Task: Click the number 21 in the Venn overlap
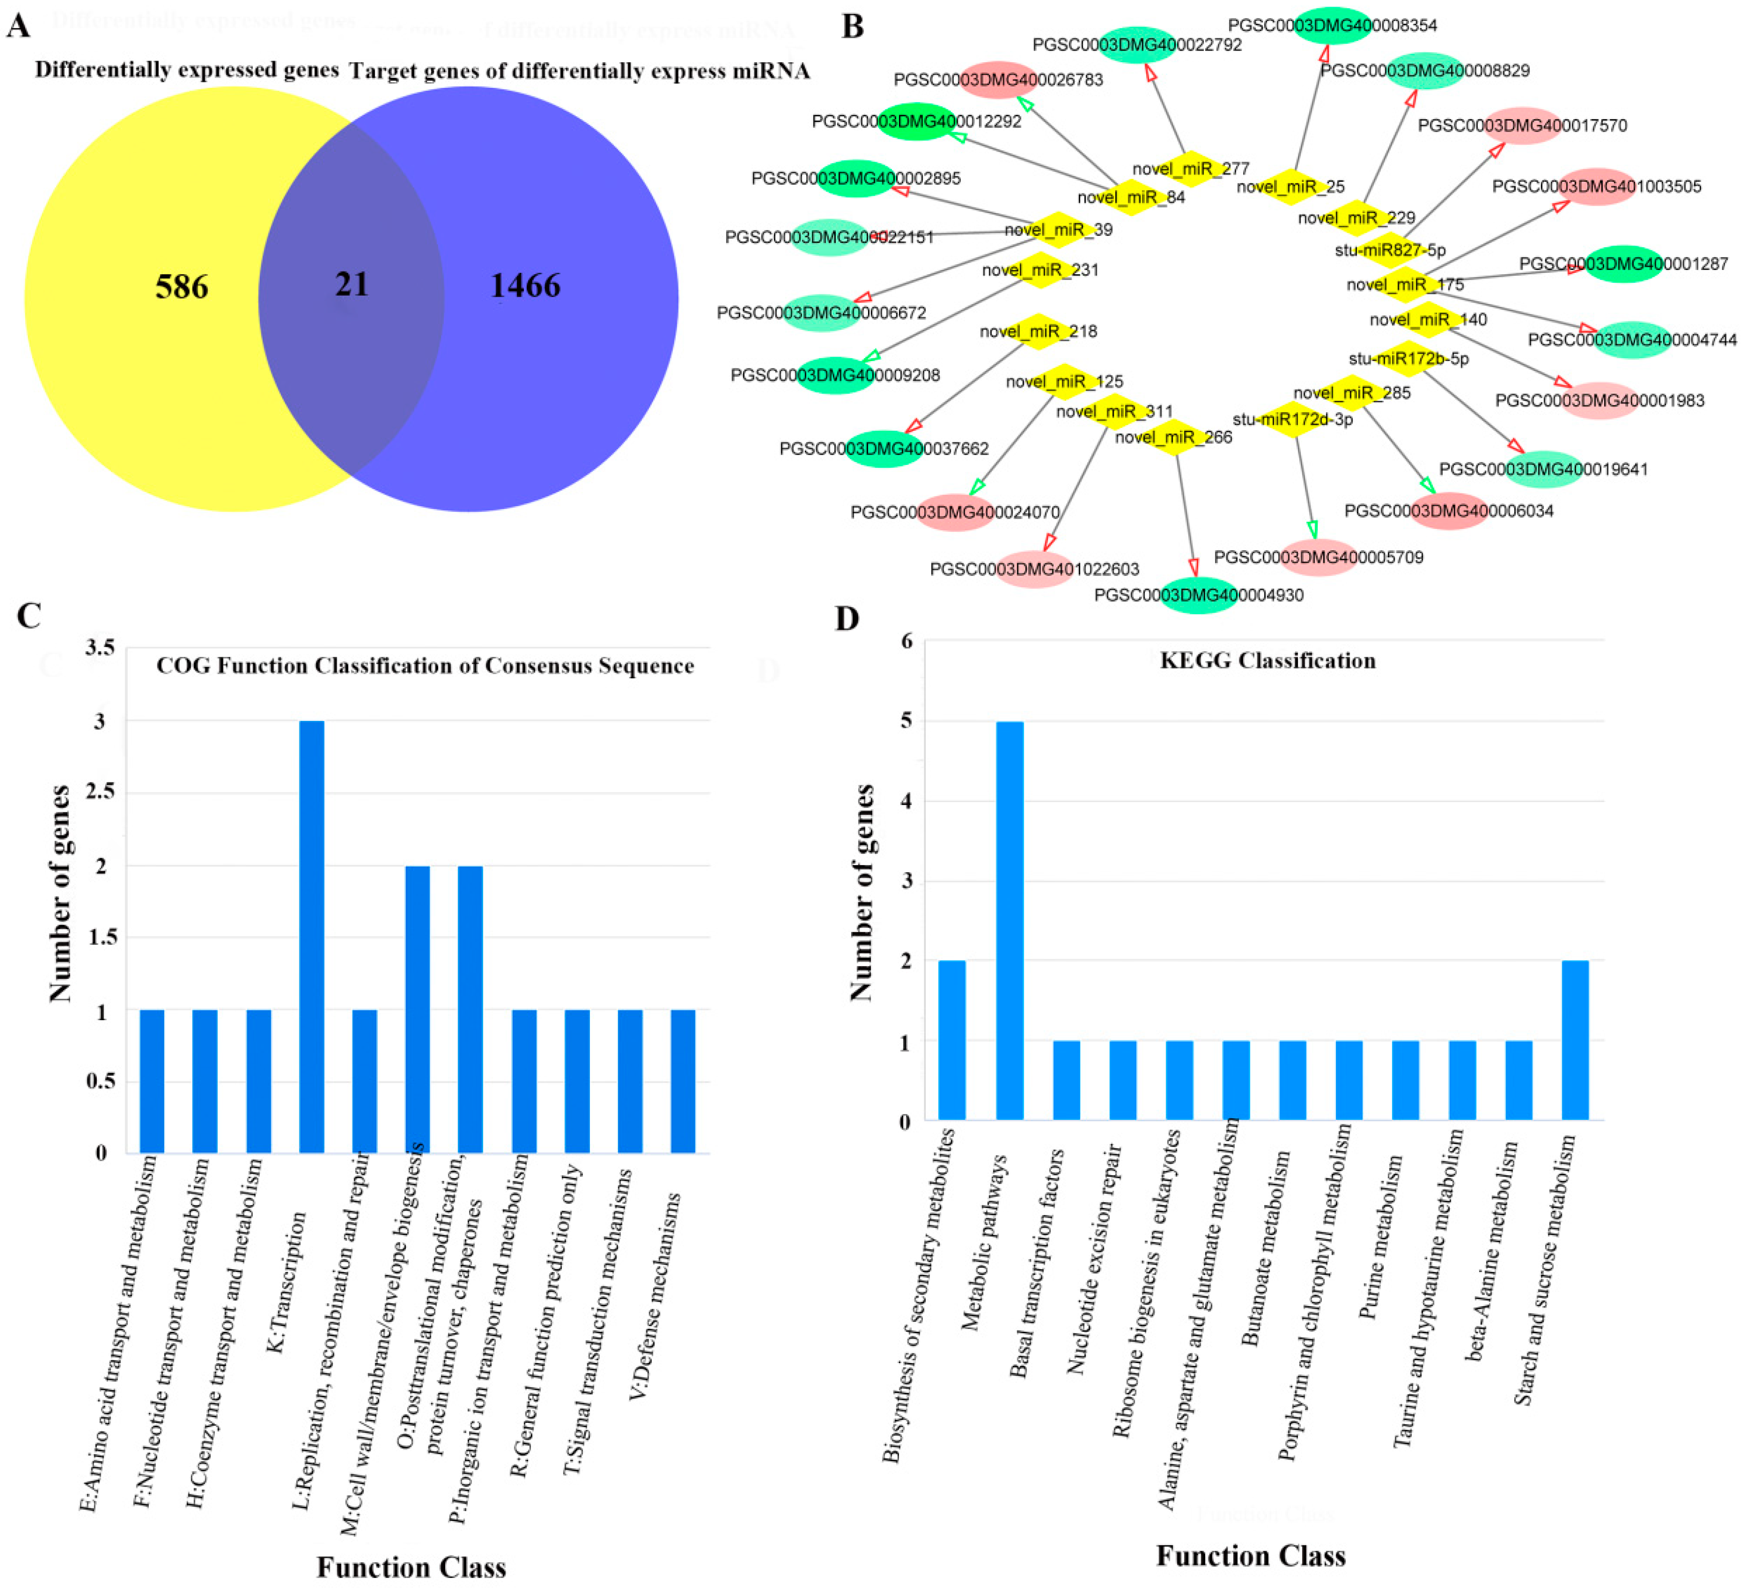point(352,284)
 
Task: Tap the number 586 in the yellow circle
point(182,287)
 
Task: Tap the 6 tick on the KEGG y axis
point(907,641)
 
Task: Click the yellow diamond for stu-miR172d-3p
point(1292,419)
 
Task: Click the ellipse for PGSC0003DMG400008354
point(1332,25)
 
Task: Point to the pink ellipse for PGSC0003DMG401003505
point(1596,186)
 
